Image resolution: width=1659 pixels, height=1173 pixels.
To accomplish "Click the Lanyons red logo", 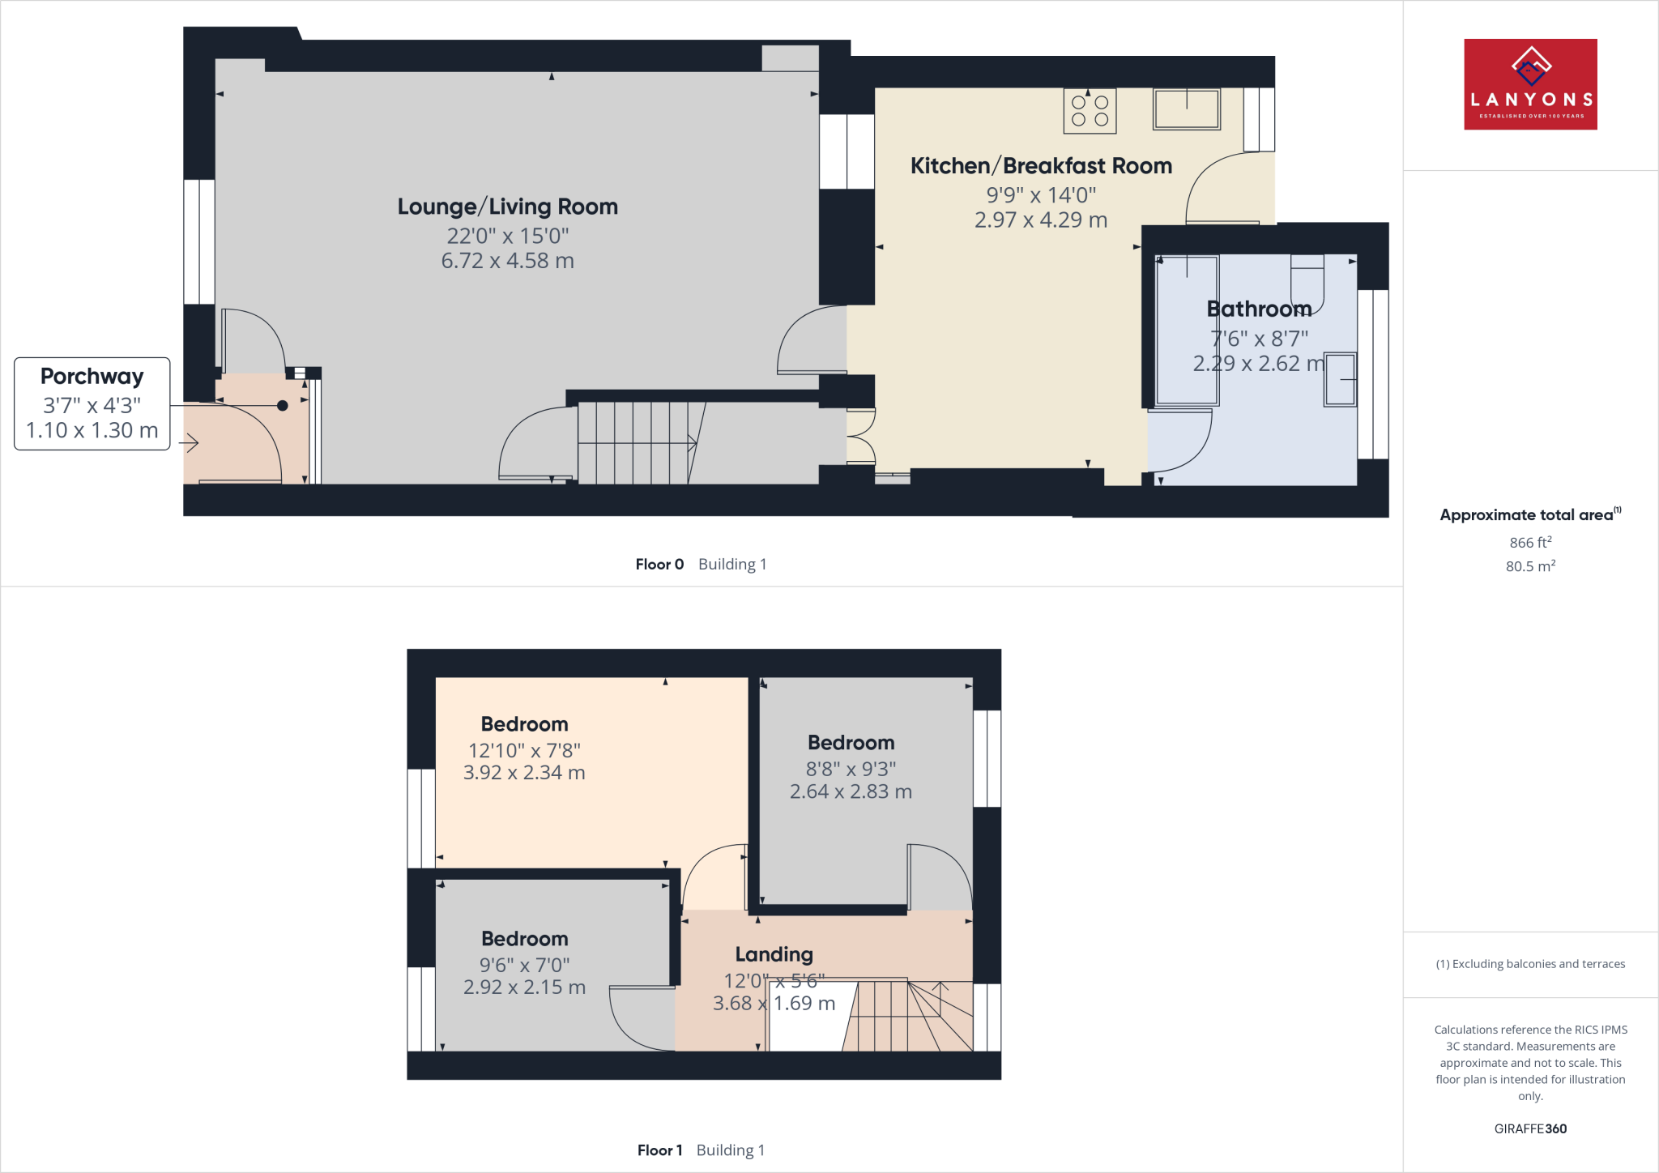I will click(1529, 84).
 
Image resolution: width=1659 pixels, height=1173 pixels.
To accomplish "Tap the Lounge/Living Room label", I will click(507, 207).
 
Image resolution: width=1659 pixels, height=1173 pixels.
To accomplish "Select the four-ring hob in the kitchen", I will click(1090, 111).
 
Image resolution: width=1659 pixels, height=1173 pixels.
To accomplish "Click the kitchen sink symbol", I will click(1186, 109).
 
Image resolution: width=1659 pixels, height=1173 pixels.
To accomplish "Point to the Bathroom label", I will click(1258, 309).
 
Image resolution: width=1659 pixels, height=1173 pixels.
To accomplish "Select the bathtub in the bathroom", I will click(1187, 331).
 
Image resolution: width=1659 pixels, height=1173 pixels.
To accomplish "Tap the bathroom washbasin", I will click(1340, 379).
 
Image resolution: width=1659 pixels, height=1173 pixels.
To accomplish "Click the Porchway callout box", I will click(92, 403).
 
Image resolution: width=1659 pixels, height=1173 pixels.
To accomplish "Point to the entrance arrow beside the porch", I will click(190, 443).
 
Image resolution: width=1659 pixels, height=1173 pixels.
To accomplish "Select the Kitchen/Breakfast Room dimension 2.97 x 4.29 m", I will click(1040, 220).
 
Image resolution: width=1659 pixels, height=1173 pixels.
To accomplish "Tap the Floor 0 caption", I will click(659, 565).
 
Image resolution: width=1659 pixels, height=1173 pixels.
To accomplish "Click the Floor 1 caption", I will click(659, 1150).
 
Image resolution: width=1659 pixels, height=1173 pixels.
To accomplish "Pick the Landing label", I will click(774, 954).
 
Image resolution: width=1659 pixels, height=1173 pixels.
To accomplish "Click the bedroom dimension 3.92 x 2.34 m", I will click(524, 773).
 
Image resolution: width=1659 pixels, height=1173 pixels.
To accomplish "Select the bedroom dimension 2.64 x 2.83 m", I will click(851, 791).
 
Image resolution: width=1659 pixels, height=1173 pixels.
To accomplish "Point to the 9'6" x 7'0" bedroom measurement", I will click(524, 965).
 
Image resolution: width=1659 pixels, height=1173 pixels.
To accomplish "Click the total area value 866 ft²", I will click(1529, 543).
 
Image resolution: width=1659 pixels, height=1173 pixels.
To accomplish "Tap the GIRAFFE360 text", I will click(1529, 1128).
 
